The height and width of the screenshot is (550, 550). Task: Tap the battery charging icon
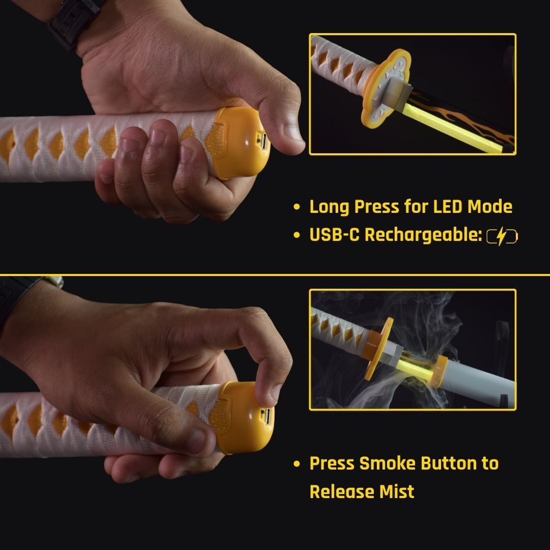click(x=502, y=236)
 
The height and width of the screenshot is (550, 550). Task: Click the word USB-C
click(x=335, y=234)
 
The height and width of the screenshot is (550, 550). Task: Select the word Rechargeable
click(x=423, y=235)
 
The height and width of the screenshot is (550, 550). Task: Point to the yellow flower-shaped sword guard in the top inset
click(x=386, y=88)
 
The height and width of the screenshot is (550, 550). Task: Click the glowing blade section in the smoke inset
click(x=415, y=370)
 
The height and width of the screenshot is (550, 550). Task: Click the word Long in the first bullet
click(x=329, y=207)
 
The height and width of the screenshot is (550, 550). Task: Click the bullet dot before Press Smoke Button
click(x=297, y=464)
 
